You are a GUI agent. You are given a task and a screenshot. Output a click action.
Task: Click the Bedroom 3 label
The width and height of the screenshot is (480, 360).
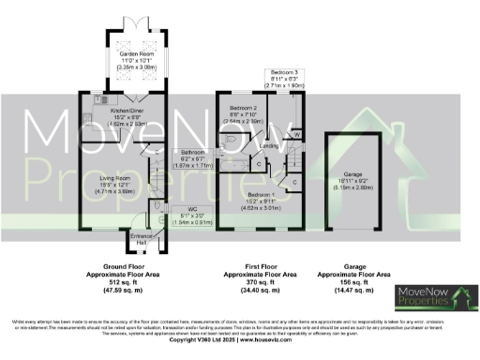coord(285,72)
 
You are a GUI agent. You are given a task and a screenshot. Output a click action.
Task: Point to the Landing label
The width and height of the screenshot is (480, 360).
coord(267,145)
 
